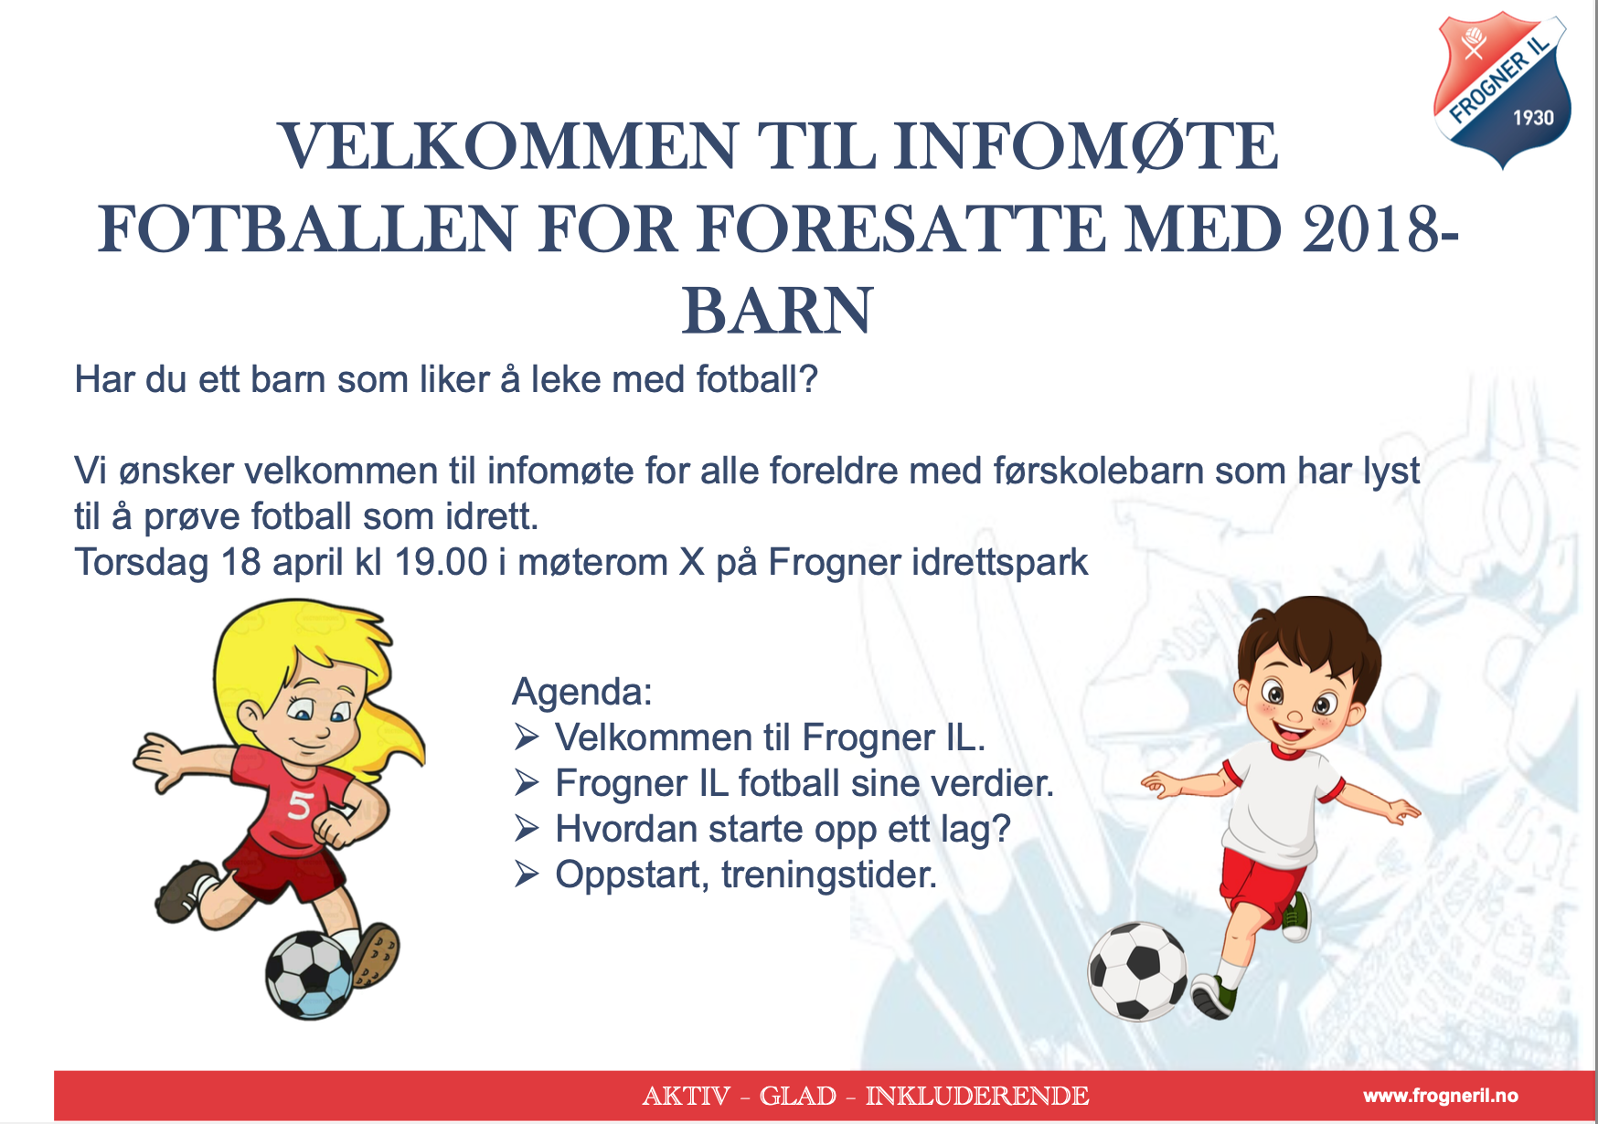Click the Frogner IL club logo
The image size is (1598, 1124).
[x=1502, y=90]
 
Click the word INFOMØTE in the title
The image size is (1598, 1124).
[x=1085, y=146]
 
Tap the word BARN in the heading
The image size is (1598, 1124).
[x=777, y=311]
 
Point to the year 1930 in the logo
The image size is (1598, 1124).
[x=1533, y=118]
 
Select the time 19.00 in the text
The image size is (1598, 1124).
[x=441, y=562]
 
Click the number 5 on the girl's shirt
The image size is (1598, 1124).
[x=300, y=805]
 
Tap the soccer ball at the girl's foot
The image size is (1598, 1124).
[x=309, y=975]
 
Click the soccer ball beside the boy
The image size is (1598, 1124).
[x=1137, y=970]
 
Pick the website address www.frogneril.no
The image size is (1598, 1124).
[x=1440, y=1096]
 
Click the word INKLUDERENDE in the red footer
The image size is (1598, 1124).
[x=976, y=1096]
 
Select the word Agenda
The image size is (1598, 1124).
[x=581, y=692]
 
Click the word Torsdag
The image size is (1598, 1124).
[x=141, y=562]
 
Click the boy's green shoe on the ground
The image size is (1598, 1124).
[x=1213, y=999]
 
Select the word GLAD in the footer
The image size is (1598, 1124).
[x=797, y=1096]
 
